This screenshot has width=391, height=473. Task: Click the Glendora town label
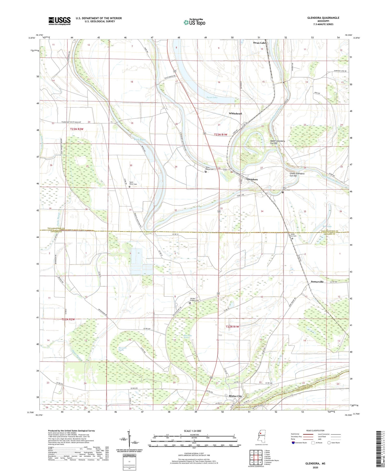252,179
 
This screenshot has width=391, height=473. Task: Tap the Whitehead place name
235,113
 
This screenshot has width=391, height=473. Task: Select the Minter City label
235,396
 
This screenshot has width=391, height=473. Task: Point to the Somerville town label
317,282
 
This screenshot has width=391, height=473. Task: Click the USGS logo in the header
59,21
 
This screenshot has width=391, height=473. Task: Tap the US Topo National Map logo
194,22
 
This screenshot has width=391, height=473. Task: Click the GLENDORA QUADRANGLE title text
323,18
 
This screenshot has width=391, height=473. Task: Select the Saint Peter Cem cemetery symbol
130,187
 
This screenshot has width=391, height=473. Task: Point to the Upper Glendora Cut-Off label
277,142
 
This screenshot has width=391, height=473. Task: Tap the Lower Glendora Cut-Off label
297,175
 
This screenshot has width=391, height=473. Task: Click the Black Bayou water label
140,140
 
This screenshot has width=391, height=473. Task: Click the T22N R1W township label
232,327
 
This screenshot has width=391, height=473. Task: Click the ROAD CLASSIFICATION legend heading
315,430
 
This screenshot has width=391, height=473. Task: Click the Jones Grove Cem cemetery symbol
292,238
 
